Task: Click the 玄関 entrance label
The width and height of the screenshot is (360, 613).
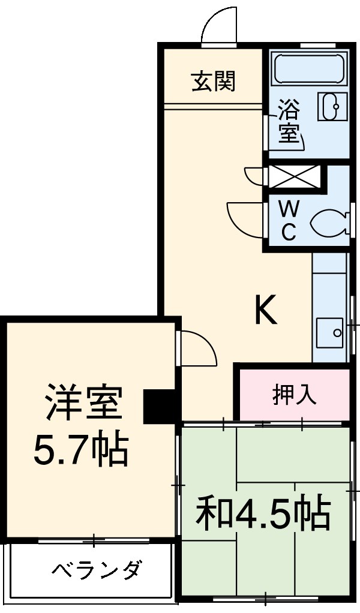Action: pyautogui.click(x=213, y=82)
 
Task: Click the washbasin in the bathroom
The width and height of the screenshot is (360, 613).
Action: pyautogui.click(x=331, y=107)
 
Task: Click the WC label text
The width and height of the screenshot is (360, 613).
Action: pyautogui.click(x=289, y=221)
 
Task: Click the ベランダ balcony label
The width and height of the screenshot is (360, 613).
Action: pyautogui.click(x=96, y=569)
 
